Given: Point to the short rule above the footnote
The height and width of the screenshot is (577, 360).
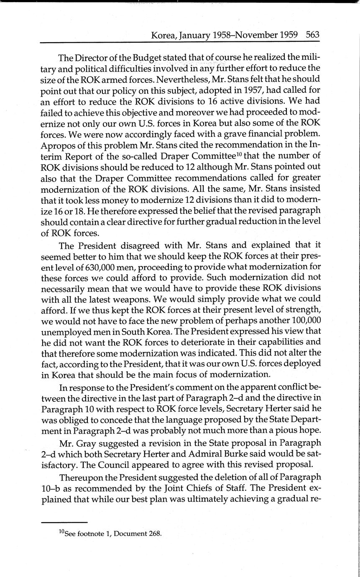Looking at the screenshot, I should [64, 522].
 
